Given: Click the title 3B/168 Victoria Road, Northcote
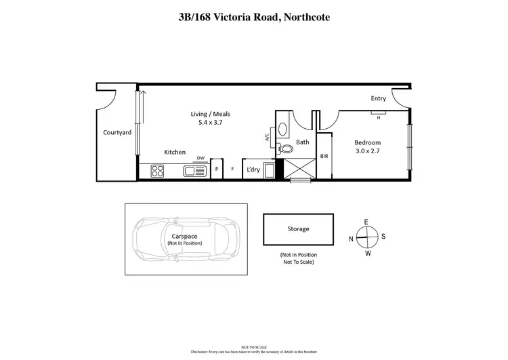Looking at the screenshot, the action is click(x=254, y=18).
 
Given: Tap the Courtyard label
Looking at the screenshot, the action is click(x=117, y=133).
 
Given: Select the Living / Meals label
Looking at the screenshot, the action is click(x=210, y=114).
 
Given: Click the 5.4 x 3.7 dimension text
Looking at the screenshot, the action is click(x=210, y=123).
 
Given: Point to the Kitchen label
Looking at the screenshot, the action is click(x=175, y=153).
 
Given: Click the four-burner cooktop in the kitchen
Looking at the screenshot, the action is click(x=158, y=171).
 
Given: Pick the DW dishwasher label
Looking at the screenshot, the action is click(x=200, y=159).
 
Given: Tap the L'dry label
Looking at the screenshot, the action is click(x=253, y=169).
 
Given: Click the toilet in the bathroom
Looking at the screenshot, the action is click(x=286, y=147).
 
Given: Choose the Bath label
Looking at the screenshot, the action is click(x=303, y=142).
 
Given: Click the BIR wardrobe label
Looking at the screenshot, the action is click(x=324, y=156).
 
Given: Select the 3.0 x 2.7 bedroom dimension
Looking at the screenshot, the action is click(x=368, y=153).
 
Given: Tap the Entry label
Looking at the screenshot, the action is click(x=378, y=99).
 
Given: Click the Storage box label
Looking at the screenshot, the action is click(x=298, y=229).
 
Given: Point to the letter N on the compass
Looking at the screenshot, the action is click(x=351, y=239).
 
